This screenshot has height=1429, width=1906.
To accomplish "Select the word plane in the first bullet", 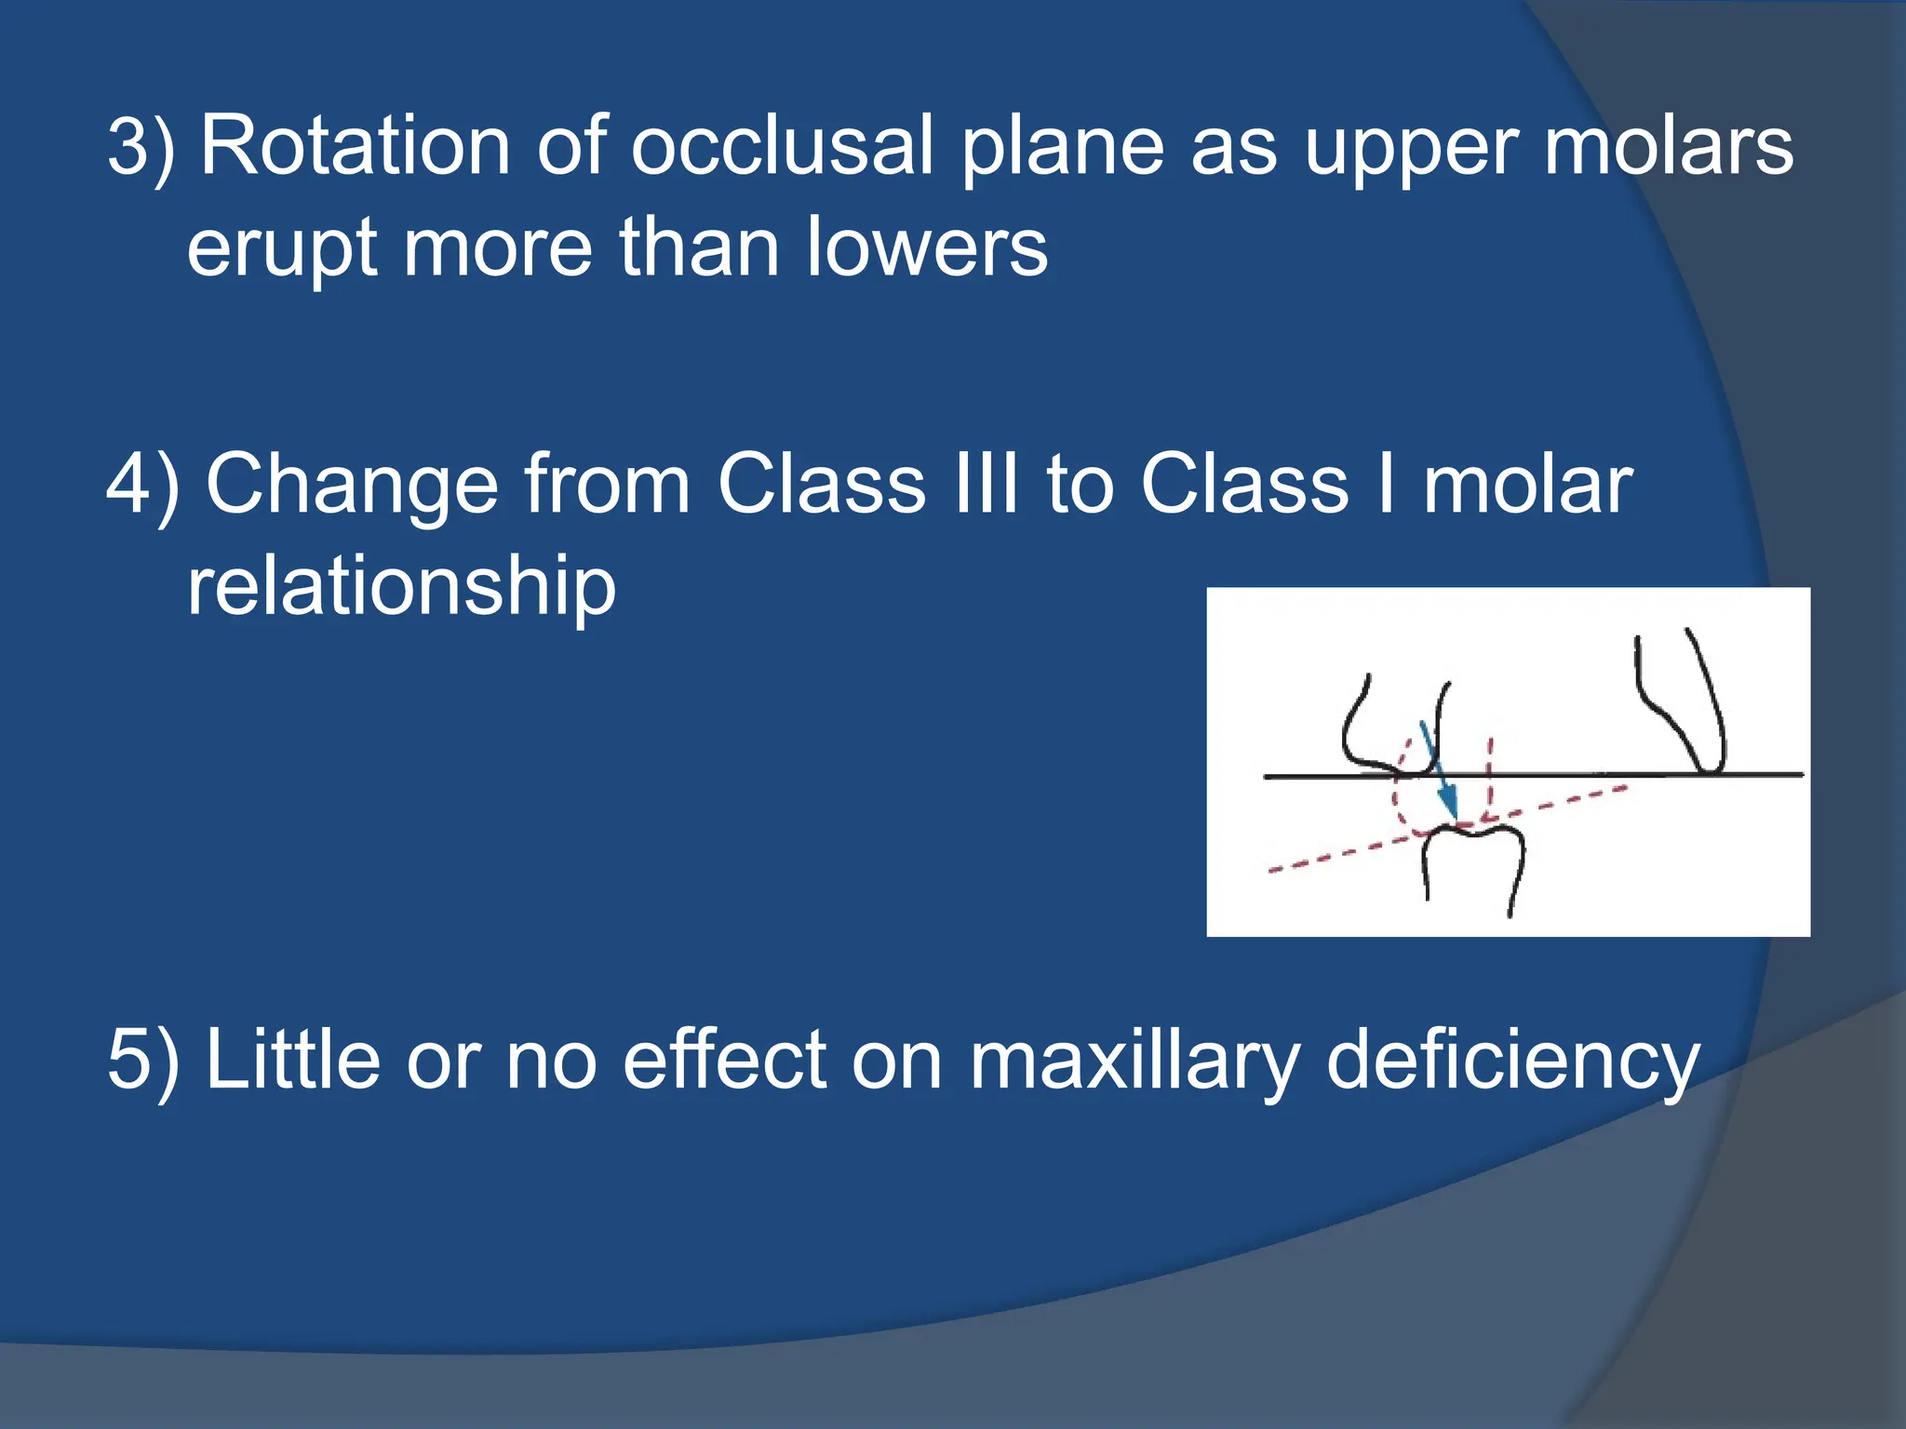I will (x=1062, y=147).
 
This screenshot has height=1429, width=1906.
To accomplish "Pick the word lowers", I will (x=927, y=247).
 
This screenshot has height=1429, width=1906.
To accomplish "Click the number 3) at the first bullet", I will (x=141, y=147).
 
